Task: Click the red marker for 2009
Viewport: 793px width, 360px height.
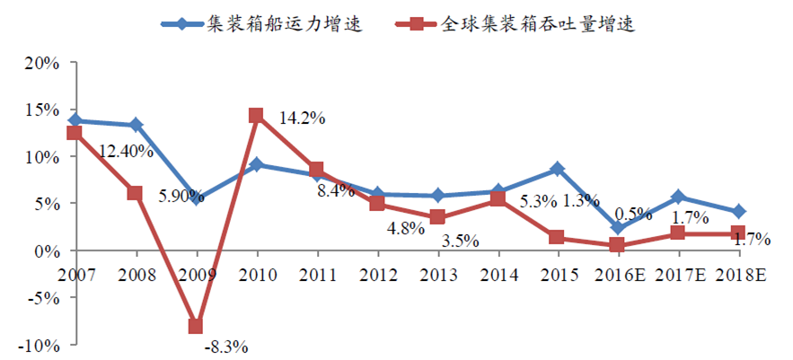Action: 195,327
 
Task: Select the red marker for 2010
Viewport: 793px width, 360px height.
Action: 255,116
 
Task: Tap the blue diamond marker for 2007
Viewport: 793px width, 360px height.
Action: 75,120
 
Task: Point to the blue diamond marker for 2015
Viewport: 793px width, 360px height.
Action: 556,169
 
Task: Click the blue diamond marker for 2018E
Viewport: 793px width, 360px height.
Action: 737,212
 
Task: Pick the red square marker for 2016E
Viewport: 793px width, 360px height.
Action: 616,245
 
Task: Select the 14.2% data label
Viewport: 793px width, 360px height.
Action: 302,118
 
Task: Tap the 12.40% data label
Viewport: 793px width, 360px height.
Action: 126,151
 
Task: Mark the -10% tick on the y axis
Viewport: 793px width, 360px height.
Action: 40,345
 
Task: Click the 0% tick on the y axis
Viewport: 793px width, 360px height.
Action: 48,250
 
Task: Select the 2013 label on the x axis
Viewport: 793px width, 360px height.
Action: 436,272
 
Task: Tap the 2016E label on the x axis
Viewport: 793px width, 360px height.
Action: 618,272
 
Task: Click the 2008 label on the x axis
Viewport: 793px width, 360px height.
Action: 135,272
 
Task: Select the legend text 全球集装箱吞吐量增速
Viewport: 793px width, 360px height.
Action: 538,24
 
